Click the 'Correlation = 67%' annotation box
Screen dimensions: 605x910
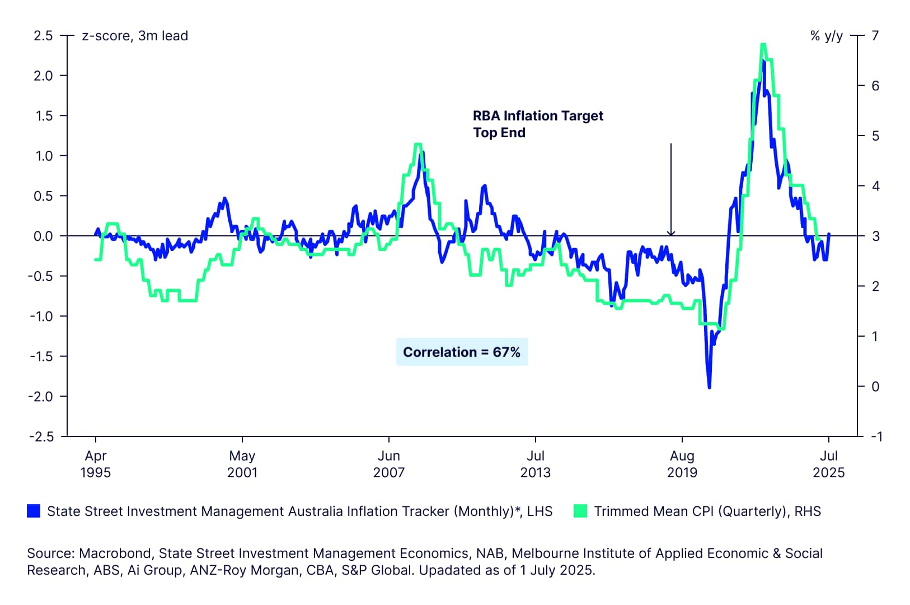pyautogui.click(x=462, y=352)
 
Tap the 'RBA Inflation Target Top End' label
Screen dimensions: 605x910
pyautogui.click(x=537, y=124)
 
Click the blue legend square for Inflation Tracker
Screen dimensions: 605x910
pyautogui.click(x=34, y=511)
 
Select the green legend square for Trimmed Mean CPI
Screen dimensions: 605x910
pyautogui.click(x=580, y=511)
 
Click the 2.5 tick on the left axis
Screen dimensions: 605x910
pyautogui.click(x=43, y=36)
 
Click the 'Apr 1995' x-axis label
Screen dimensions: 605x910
pyautogui.click(x=96, y=464)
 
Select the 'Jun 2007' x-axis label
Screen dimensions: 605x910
pyautogui.click(x=389, y=464)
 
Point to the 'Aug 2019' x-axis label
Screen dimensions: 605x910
pyautogui.click(x=682, y=464)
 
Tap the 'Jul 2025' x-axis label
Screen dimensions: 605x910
pyautogui.click(x=829, y=464)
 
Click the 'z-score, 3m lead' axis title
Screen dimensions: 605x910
pyautogui.click(x=135, y=36)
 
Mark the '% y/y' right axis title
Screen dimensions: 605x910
pyautogui.click(x=826, y=36)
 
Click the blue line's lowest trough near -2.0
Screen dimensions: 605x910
pyautogui.click(x=710, y=387)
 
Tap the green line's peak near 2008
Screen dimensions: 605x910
pyautogui.click(x=418, y=145)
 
